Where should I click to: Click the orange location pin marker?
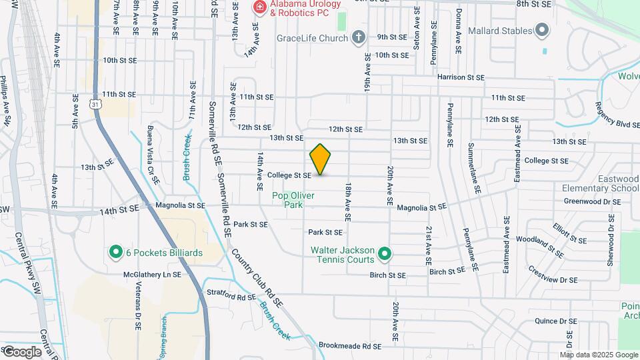point(321,159)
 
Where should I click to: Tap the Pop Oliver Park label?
point(292,200)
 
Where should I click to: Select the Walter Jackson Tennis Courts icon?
point(384,254)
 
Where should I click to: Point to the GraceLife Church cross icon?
point(359,38)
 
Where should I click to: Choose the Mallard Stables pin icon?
point(543,31)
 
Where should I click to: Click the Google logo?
point(22,351)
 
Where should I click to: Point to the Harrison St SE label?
point(460,77)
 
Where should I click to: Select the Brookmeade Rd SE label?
point(349,347)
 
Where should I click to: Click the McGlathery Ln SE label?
point(152,274)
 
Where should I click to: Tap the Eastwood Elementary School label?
point(600,183)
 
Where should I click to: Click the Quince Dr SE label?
point(550,320)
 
